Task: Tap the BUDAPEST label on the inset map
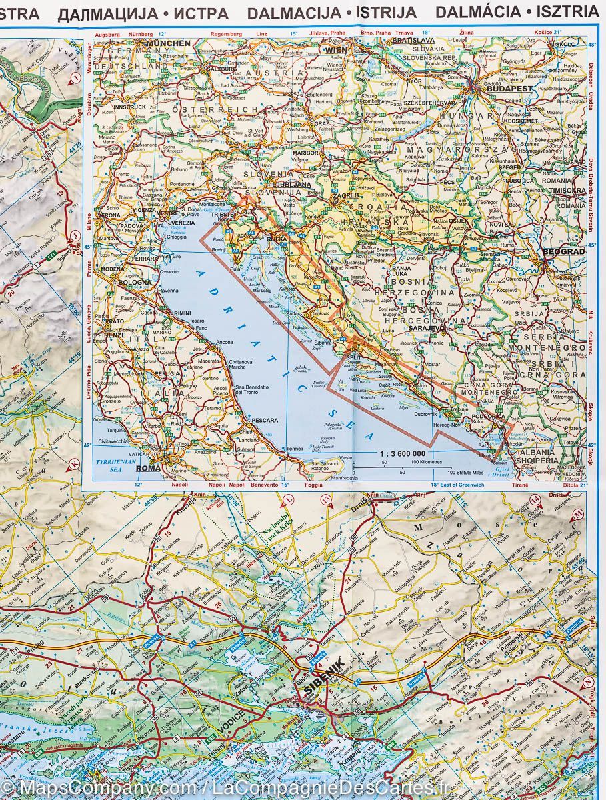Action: pos(510,88)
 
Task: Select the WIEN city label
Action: pos(336,50)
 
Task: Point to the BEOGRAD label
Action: pos(563,251)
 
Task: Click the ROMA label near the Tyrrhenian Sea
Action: pos(149,469)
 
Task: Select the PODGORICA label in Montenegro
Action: pos(488,416)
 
